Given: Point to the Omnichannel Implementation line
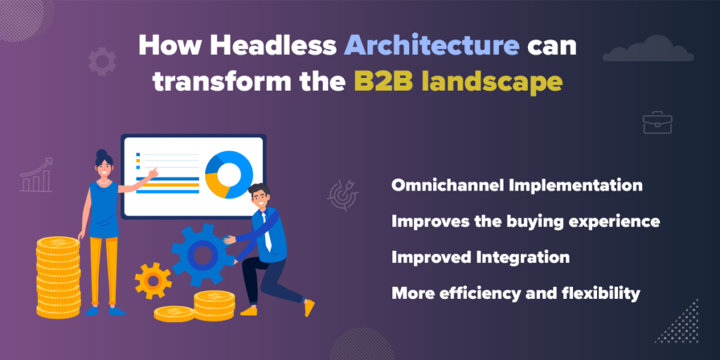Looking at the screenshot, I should [x=517, y=186].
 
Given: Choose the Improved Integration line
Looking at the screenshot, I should [x=480, y=257].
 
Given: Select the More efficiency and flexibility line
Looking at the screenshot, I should [x=515, y=293].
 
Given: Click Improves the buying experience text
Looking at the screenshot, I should [x=525, y=221].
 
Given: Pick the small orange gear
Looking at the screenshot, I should [x=153, y=280].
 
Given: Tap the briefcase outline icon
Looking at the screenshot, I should [x=657, y=122].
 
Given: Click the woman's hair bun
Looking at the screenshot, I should [x=101, y=153].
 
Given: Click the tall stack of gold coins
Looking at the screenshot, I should [x=58, y=278].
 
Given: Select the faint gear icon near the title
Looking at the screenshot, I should [x=102, y=61].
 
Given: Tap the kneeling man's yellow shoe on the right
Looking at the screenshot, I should [x=308, y=307].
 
